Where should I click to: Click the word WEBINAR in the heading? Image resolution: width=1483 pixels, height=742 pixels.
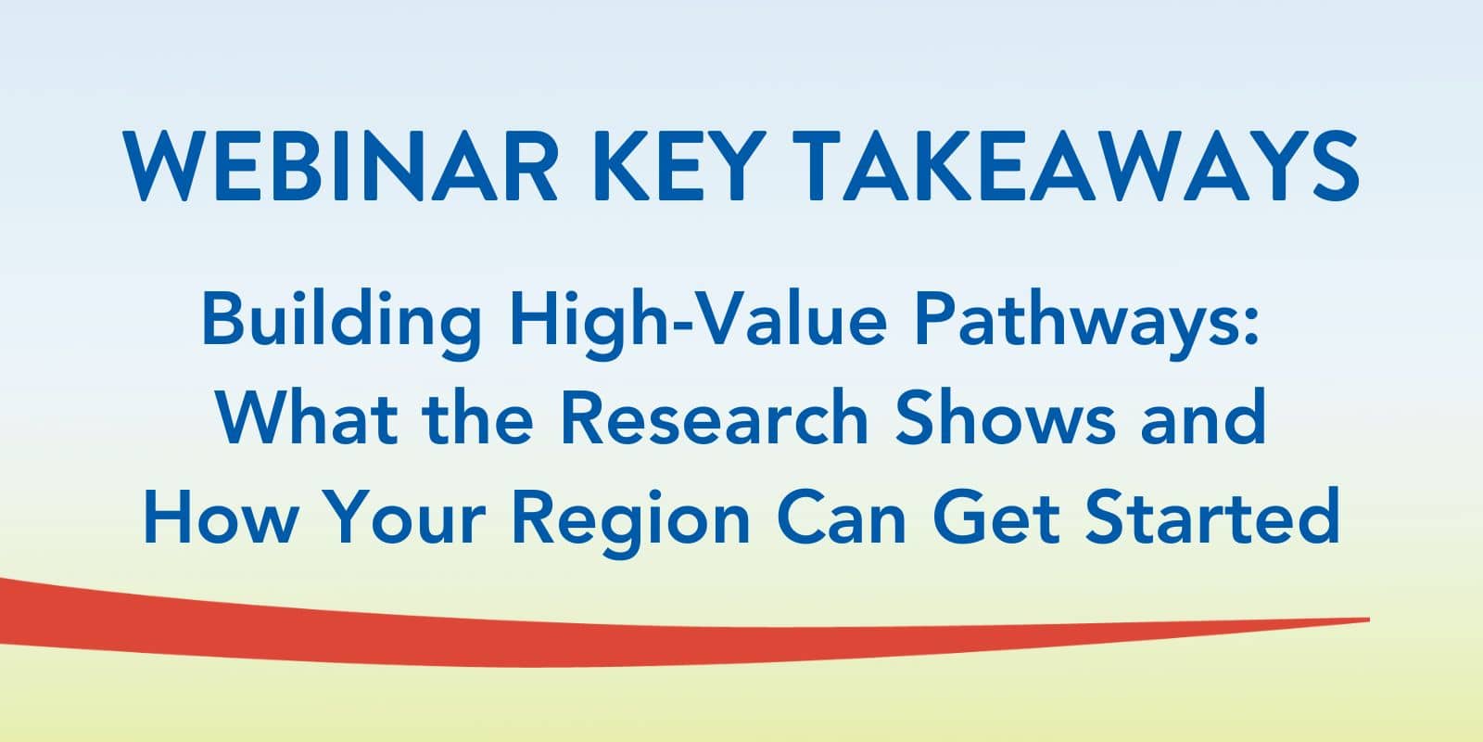[x=340, y=166]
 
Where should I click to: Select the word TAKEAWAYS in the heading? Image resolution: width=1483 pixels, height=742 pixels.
[x=1076, y=166]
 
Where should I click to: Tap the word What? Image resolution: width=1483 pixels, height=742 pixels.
[x=307, y=417]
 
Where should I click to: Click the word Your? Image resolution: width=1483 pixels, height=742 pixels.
[x=407, y=516]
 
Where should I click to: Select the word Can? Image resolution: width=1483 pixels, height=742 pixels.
[x=841, y=516]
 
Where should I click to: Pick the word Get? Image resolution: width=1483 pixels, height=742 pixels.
[x=996, y=516]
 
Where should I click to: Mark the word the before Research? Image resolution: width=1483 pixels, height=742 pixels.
[x=477, y=417]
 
